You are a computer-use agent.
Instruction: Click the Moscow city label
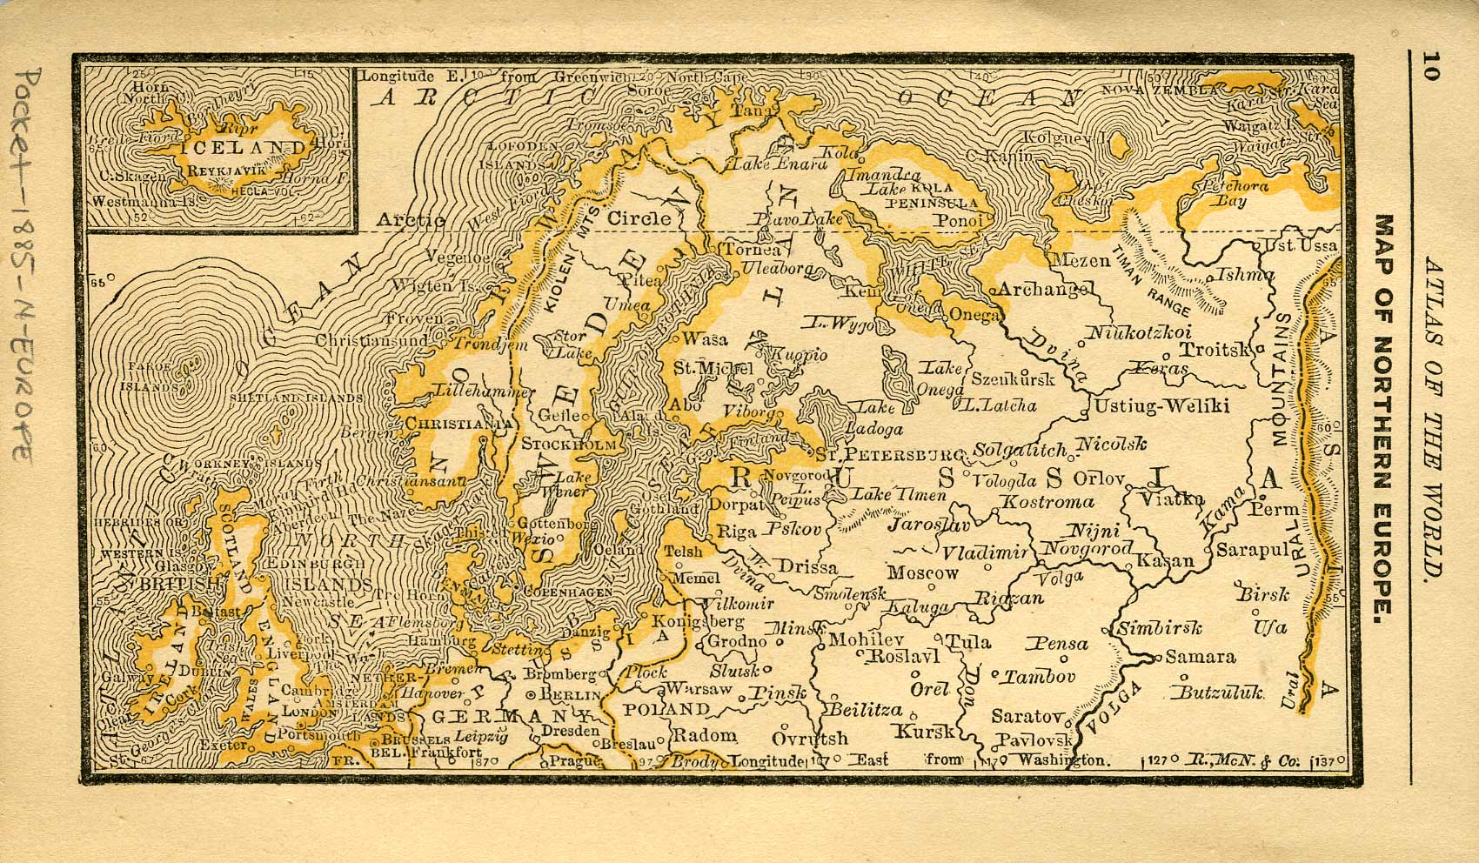click(922, 572)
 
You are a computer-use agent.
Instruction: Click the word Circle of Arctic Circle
click(639, 218)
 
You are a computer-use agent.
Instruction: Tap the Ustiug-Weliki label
click(1161, 405)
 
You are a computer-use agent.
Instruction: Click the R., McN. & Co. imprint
click(1248, 762)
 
